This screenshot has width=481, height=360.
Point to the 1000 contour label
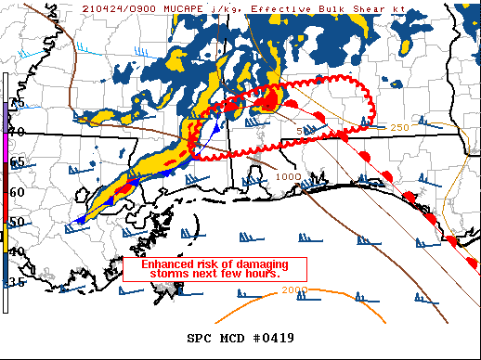coord(289,176)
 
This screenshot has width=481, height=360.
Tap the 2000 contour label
coord(294,289)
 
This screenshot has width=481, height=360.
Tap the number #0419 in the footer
coord(275,337)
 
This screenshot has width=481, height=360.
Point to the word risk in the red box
coord(203,264)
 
